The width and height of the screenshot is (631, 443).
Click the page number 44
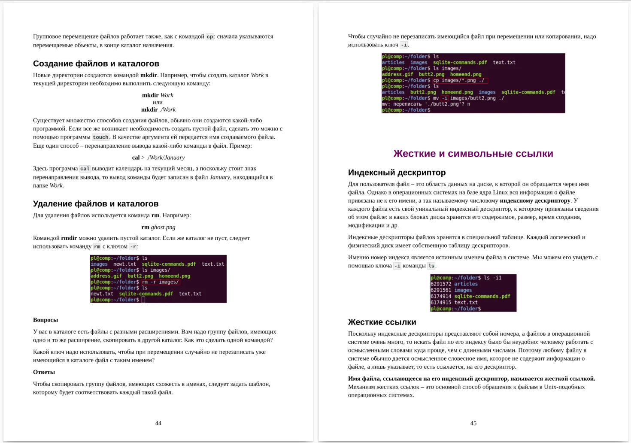[158, 423]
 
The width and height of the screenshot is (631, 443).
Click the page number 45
[473, 423]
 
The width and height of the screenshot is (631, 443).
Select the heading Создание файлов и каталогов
[96, 64]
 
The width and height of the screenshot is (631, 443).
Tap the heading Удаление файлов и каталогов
[96, 204]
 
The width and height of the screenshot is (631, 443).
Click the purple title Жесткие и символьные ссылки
[473, 154]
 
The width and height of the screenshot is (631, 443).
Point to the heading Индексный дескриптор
[397, 173]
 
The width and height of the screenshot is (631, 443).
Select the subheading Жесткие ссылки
[382, 322]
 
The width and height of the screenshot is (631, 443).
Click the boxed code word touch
[101, 137]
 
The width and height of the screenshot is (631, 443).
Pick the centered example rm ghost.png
[158, 227]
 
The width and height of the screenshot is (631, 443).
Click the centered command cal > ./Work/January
[158, 158]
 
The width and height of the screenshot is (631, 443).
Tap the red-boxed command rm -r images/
[160, 282]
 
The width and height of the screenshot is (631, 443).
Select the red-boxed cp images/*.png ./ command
[460, 80]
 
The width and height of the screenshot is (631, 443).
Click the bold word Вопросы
[46, 320]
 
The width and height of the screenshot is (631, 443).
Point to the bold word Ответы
[44, 372]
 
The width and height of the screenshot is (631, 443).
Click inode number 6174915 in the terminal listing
[441, 303]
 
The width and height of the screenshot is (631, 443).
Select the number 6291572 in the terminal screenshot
[441, 284]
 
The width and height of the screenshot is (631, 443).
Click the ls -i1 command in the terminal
[492, 278]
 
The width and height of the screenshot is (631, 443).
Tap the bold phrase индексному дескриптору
[535, 200]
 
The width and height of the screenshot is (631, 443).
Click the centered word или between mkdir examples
[158, 103]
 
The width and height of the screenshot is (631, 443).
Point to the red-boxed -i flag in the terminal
[444, 98]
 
